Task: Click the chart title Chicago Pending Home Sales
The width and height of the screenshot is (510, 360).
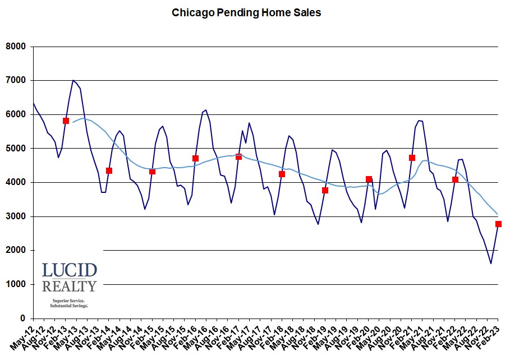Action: coord(246,12)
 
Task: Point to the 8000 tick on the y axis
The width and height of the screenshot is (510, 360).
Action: coord(17,47)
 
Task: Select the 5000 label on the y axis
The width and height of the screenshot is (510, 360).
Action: coord(17,149)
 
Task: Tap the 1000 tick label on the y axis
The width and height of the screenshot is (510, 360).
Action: coord(17,284)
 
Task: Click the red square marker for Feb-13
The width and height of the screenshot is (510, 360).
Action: coord(66,121)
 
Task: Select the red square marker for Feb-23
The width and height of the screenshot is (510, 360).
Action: coord(498,224)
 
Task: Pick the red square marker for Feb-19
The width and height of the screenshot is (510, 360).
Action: coord(325,190)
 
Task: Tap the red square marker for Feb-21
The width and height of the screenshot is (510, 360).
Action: coord(412,158)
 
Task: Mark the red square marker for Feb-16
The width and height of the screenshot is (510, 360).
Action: coord(195,158)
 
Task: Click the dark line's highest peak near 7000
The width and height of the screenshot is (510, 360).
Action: coord(73,80)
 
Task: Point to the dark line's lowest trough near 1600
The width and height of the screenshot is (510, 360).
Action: coord(491,264)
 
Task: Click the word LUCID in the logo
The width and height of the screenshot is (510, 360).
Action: coord(69,270)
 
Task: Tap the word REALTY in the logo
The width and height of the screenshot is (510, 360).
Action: coord(69,287)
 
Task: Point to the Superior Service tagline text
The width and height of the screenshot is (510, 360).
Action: coord(69,301)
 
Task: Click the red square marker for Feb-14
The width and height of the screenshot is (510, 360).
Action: coord(109,170)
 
